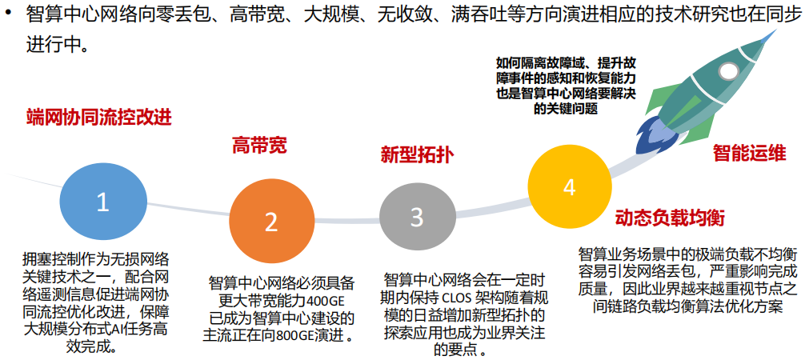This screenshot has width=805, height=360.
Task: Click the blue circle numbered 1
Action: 102,202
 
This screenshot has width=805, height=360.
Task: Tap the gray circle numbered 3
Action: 417,217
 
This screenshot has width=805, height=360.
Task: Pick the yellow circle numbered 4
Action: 569,186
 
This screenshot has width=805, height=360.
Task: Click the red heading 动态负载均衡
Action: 670,218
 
